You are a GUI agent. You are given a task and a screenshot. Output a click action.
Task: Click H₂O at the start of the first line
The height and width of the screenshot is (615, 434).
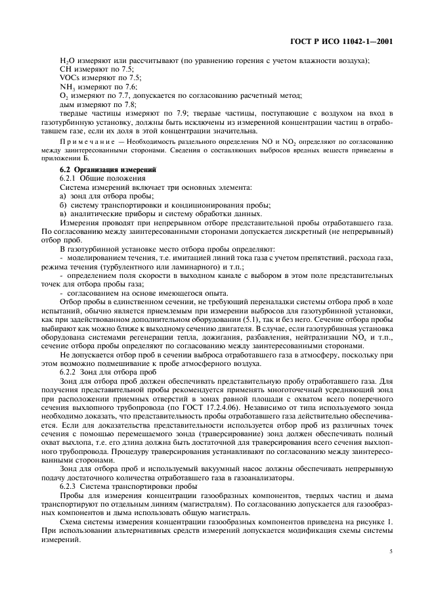66,61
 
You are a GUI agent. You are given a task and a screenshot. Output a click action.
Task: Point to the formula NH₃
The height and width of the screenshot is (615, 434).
67,87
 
